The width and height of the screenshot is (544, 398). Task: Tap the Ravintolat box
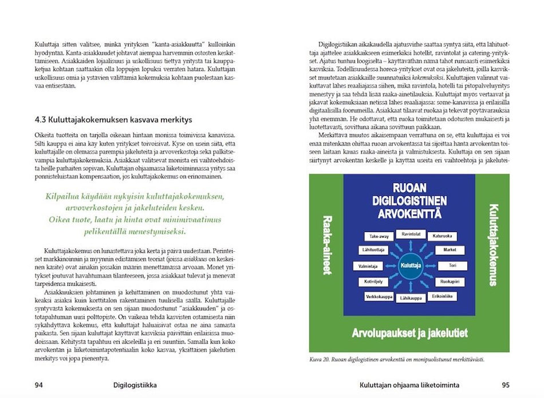[410, 234]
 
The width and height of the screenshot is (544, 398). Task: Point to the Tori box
[452, 266]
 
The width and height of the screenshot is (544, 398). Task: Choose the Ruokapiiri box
[450, 282]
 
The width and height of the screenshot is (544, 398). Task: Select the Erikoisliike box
[443, 296]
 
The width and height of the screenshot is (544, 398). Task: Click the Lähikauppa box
[411, 298]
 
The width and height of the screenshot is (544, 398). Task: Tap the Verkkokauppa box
[379, 296]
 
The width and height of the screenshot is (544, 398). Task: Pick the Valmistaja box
[368, 266]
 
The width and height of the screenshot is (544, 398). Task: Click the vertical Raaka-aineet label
[328, 245]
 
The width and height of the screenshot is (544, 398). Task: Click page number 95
[505, 385]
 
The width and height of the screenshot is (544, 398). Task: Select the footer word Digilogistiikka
[135, 385]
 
